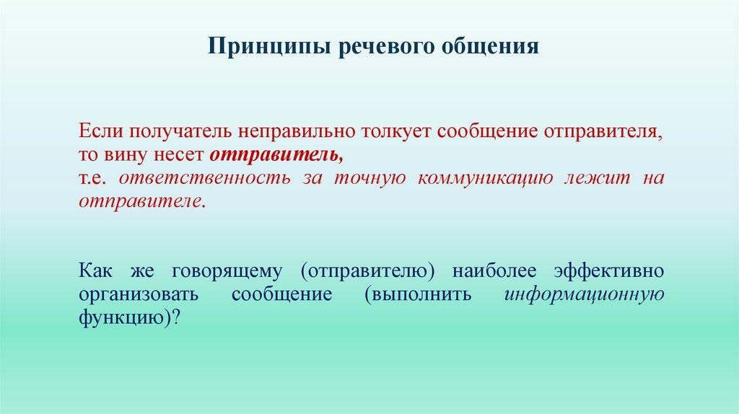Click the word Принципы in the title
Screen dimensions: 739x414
[x=268, y=47]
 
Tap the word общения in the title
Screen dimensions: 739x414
[x=490, y=47]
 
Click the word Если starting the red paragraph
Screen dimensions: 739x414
[x=98, y=131]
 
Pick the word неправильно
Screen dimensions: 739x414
[x=297, y=132]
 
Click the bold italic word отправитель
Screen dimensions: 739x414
[x=276, y=155]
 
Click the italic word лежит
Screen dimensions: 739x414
[x=598, y=178]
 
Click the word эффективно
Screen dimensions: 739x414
[x=609, y=270]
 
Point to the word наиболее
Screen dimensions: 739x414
[x=494, y=271]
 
